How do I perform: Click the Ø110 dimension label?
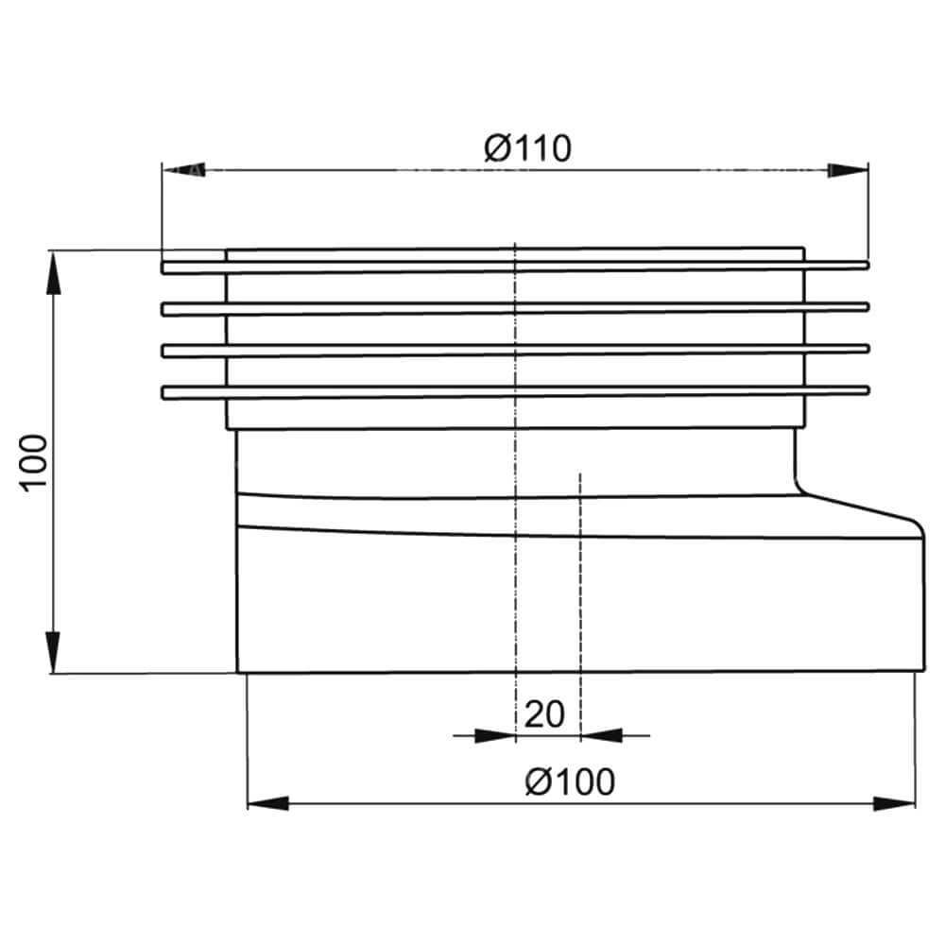pyautogui.click(x=527, y=148)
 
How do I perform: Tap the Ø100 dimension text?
pyautogui.click(x=570, y=782)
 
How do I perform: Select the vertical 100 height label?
pyautogui.click(x=34, y=463)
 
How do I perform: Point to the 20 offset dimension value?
pyautogui.click(x=544, y=714)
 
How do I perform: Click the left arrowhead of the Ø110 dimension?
pyautogui.click(x=184, y=170)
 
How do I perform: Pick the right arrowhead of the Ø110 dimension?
pyautogui.click(x=848, y=170)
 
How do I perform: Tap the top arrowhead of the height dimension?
pyautogui.click(x=54, y=272)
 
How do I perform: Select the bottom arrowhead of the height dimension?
pyautogui.click(x=54, y=652)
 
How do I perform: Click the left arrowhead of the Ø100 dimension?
pyautogui.click(x=268, y=803)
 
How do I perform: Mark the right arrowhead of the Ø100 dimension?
pyautogui.click(x=894, y=803)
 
